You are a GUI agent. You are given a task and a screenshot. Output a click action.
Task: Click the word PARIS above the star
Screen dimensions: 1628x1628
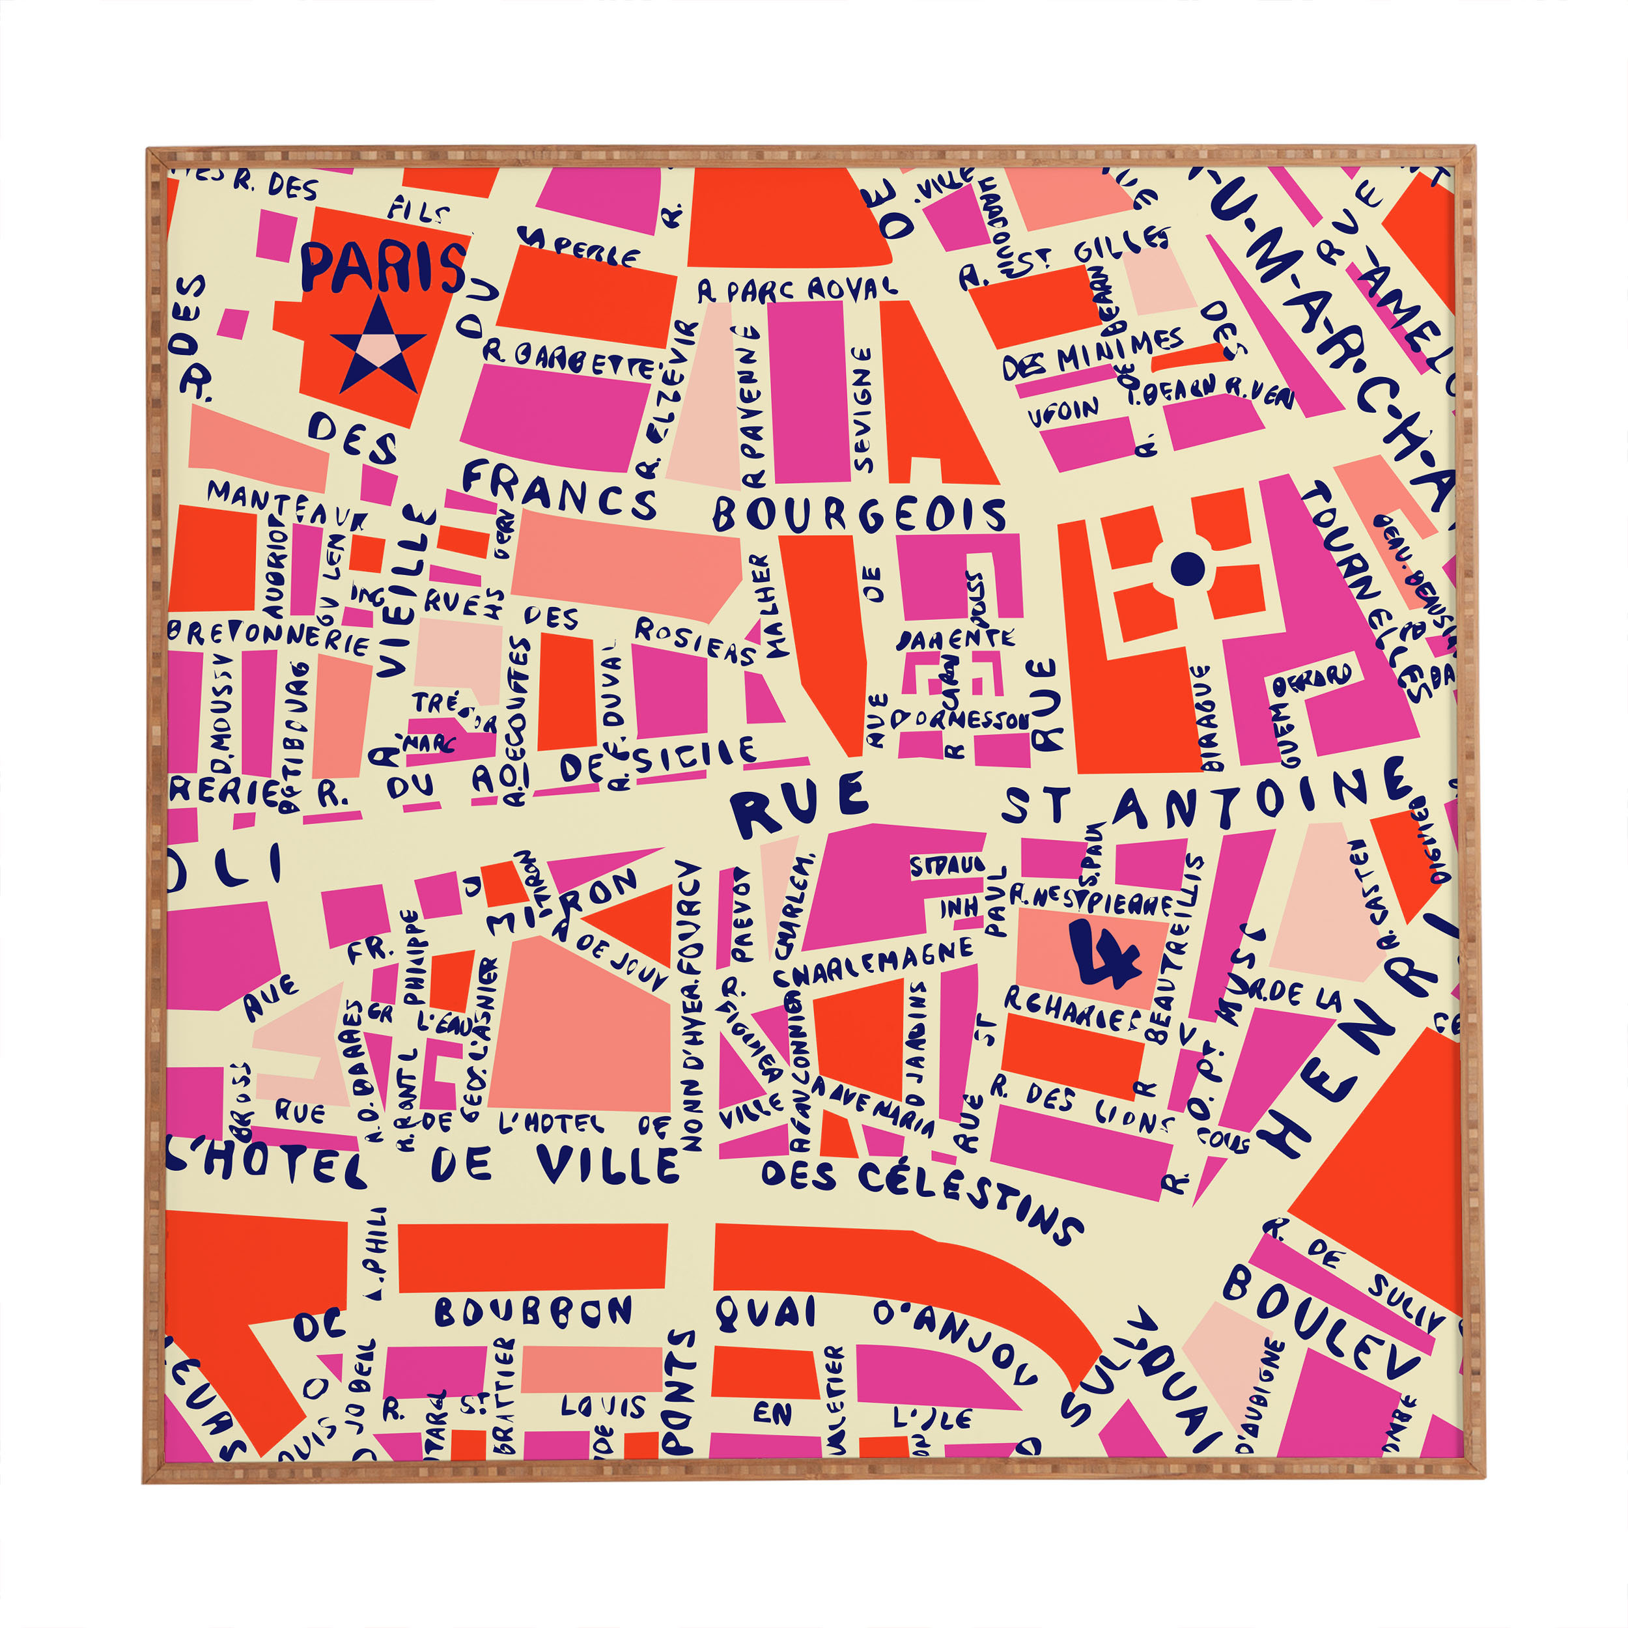coord(382,267)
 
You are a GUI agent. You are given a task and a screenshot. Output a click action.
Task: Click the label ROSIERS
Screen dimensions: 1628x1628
coord(696,640)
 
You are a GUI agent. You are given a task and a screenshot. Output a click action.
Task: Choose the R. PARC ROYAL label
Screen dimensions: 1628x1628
coord(796,290)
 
